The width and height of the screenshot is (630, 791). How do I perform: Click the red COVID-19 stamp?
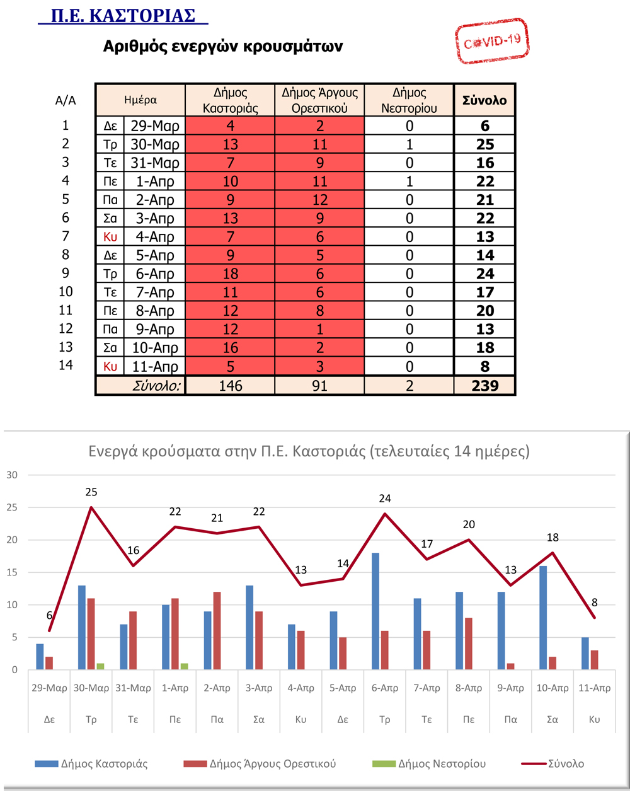(492, 41)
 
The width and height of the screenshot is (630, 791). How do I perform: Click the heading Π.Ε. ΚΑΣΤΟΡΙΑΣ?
(123, 16)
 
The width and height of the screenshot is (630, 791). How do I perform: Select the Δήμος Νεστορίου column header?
(409, 100)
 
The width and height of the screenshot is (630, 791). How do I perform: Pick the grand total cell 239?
(485, 386)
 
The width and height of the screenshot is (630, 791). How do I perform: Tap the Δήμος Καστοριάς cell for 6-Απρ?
(231, 274)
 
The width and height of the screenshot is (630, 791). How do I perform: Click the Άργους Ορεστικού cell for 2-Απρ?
(319, 200)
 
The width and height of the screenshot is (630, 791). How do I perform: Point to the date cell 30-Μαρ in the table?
(154, 144)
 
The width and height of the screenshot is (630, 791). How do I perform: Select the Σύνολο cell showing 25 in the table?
(485, 144)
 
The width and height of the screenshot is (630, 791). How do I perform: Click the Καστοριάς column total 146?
(231, 386)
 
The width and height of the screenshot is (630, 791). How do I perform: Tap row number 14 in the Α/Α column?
(66, 365)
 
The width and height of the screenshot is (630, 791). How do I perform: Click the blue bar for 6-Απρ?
(375, 611)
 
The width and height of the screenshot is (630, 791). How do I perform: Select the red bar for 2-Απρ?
(217, 631)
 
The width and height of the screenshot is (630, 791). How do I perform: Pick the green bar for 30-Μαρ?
(100, 666)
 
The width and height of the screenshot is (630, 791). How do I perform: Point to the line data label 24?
(384, 499)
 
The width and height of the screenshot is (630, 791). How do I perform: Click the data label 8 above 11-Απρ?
(594, 603)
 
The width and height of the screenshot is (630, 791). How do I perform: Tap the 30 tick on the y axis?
(12, 475)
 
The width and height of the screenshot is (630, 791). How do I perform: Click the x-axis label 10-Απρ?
(553, 688)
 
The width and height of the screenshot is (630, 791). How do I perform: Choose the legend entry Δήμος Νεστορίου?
(429, 764)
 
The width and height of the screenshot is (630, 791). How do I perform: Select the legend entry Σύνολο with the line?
(553, 764)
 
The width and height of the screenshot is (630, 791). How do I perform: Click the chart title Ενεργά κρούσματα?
(309, 451)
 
